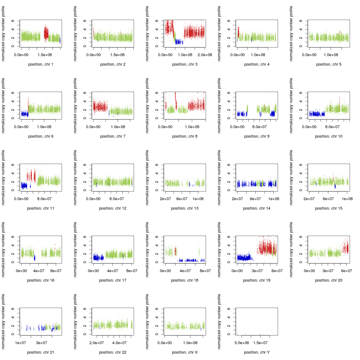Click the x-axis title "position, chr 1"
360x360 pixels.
tap(41, 64)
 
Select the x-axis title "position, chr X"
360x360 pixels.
tap(185, 352)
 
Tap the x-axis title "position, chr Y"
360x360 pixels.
tap(257, 352)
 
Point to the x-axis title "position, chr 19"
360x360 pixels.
tap(257, 280)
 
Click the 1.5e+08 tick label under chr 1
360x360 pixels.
tap(45, 55)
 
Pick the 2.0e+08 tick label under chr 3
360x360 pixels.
tap(205, 55)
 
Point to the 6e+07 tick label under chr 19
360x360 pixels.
tap(277, 271)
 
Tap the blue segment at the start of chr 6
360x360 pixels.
tap(24, 114)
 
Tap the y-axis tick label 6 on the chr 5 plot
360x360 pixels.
tap(301, 21)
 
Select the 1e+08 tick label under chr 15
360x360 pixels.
tap(347, 199)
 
